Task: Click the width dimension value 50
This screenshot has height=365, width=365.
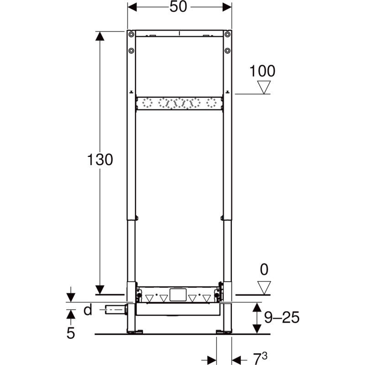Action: (x=179, y=7)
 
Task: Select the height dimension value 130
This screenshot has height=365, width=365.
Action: (x=100, y=160)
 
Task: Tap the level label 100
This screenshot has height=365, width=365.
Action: (x=263, y=71)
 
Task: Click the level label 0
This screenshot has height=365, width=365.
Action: (x=264, y=270)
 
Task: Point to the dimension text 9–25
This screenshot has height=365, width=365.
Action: (x=282, y=318)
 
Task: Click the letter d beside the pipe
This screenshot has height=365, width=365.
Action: (x=88, y=310)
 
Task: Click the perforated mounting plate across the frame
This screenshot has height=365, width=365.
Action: (x=179, y=104)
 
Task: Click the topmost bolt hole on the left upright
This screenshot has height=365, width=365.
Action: (x=131, y=35)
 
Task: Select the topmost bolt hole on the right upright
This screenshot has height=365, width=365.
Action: (x=227, y=35)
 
